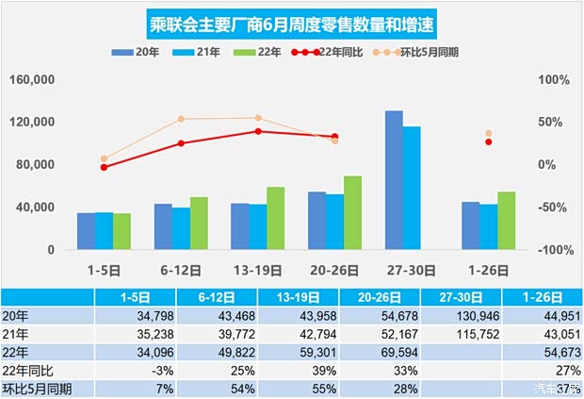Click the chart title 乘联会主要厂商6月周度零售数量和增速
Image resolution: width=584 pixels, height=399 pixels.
click(x=292, y=22)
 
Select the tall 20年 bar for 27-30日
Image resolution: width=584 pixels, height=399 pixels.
click(x=394, y=180)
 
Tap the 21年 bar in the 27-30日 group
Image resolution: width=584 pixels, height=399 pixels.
click(x=412, y=188)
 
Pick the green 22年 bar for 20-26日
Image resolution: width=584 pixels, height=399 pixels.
click(x=352, y=212)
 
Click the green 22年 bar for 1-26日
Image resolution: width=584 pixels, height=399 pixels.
click(x=506, y=220)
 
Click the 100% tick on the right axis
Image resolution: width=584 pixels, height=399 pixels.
click(x=554, y=80)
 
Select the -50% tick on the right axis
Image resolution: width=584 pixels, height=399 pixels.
click(x=554, y=208)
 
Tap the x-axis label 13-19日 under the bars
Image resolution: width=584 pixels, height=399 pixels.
click(x=257, y=268)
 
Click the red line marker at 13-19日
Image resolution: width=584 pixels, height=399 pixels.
click(x=258, y=131)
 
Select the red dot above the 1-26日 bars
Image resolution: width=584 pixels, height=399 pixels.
click(x=489, y=141)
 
